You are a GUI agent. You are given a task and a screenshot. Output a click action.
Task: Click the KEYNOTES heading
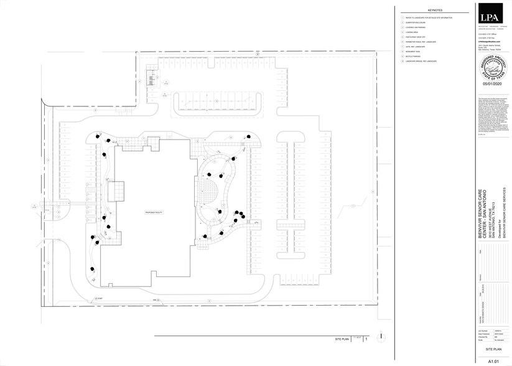click(x=435, y=11)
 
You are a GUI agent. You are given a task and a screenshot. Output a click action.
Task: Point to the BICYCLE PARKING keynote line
click(x=415, y=56)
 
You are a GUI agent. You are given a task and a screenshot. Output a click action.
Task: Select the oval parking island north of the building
click(x=216, y=103)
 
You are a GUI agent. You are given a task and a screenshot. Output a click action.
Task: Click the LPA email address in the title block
click(x=489, y=41)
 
